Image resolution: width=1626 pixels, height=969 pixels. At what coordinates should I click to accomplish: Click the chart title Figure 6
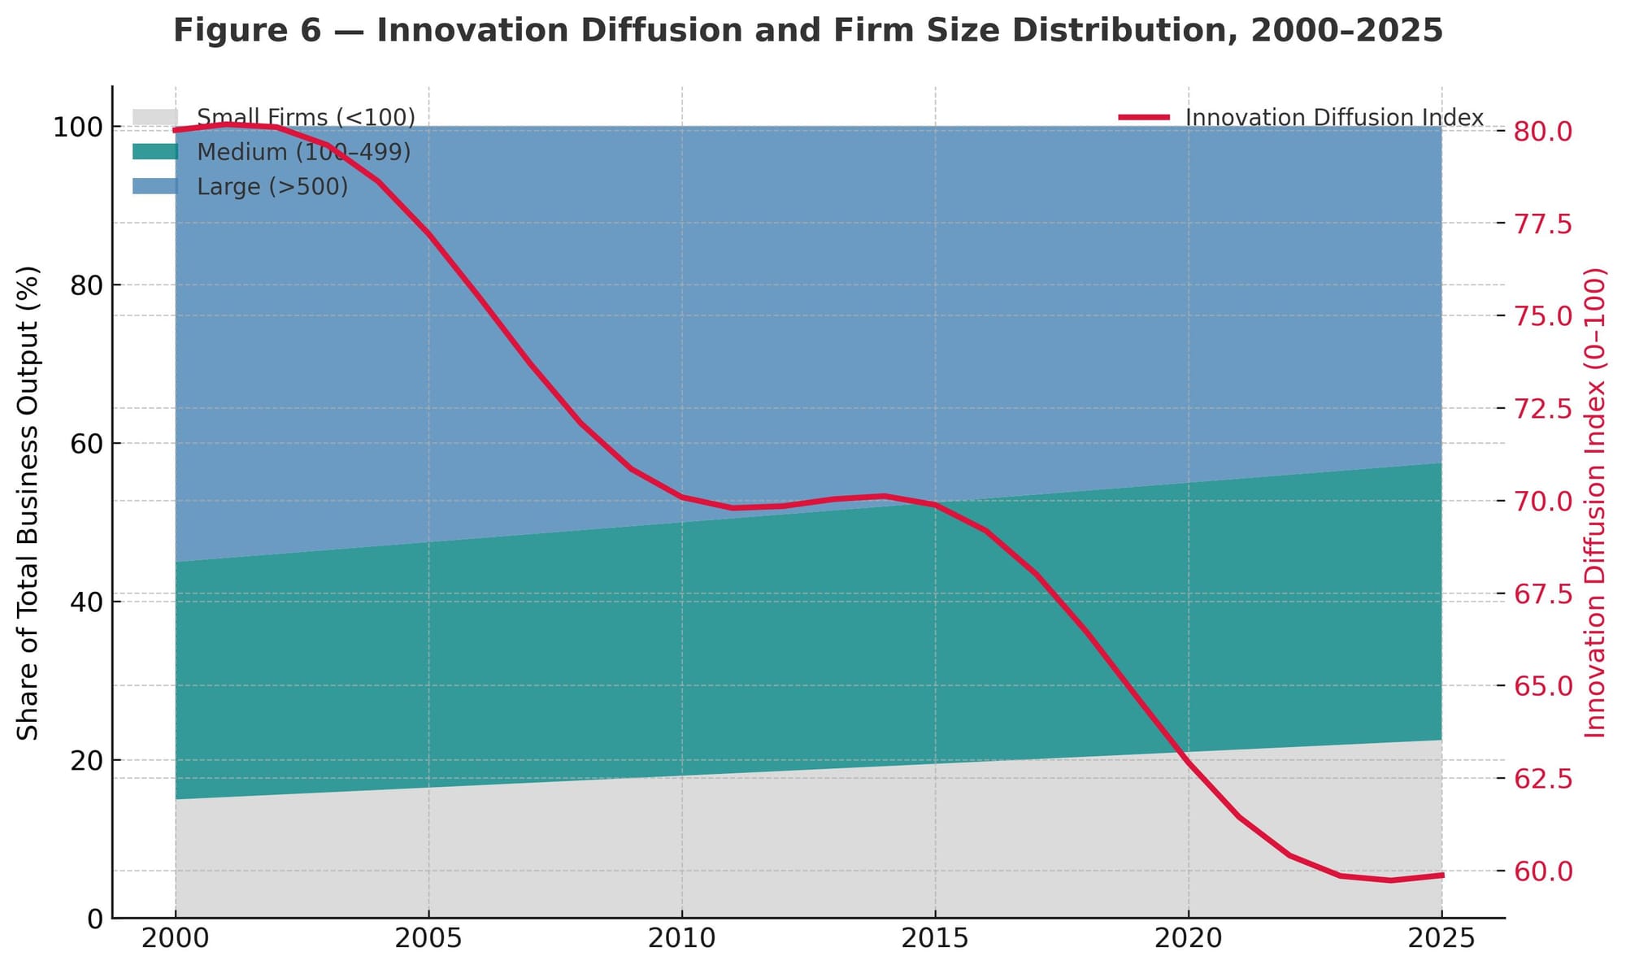click(x=808, y=31)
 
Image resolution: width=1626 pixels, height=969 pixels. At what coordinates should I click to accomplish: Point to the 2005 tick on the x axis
click(x=428, y=939)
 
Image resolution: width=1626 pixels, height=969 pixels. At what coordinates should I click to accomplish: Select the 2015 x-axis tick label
click(x=935, y=939)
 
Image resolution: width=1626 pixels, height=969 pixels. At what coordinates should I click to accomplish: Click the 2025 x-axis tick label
click(x=1441, y=939)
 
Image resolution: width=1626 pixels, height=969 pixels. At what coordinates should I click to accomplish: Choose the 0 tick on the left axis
click(x=96, y=919)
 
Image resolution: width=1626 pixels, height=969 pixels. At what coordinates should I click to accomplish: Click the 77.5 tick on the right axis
click(x=1543, y=224)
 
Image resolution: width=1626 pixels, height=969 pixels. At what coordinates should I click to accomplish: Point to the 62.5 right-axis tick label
click(x=1543, y=779)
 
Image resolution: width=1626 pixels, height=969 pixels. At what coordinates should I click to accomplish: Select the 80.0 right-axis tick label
click(x=1543, y=131)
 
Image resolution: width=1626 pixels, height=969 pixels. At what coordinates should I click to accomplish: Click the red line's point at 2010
click(x=682, y=497)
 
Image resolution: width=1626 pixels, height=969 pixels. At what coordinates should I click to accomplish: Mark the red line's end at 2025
click(x=1441, y=875)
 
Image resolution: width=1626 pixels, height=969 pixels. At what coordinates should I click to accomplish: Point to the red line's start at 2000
click(x=176, y=130)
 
